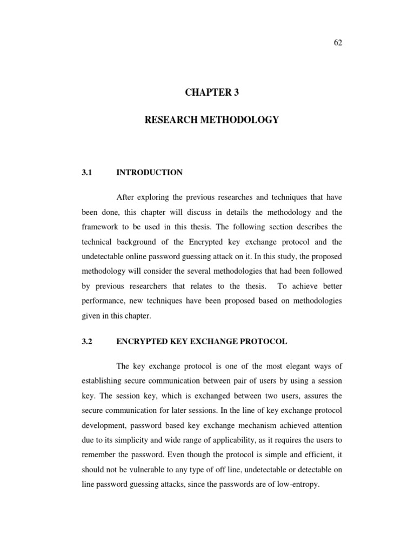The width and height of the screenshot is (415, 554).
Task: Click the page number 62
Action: (x=338, y=43)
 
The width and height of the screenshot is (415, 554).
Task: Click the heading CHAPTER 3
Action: (x=212, y=93)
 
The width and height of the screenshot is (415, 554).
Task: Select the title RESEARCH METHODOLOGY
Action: (x=212, y=120)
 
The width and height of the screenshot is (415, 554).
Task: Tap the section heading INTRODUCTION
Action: (x=149, y=173)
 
